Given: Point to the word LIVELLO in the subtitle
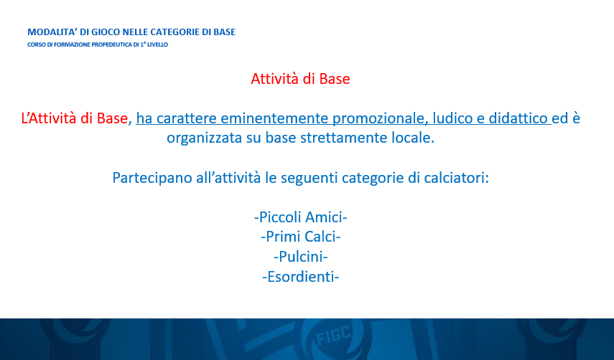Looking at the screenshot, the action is pyautogui.click(x=157, y=44).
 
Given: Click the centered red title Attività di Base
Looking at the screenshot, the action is pyautogui.click(x=300, y=79).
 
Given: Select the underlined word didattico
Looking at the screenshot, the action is pyautogui.click(x=518, y=118).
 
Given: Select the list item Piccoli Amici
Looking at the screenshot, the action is pyautogui.click(x=301, y=217).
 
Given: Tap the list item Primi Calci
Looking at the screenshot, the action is pyautogui.click(x=301, y=237).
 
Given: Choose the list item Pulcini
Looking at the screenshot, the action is pyautogui.click(x=301, y=257).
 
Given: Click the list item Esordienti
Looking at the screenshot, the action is pyautogui.click(x=301, y=277).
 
